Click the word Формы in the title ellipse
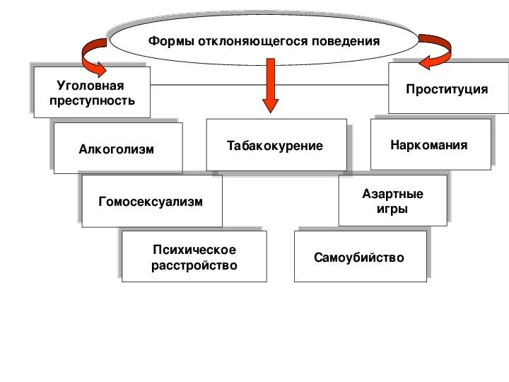(166, 41)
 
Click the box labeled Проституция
(447, 89)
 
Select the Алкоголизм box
(117, 149)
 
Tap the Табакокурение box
(276, 145)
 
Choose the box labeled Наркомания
(430, 144)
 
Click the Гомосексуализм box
(151, 202)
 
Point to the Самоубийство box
(360, 257)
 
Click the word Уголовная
(90, 86)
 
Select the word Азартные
(392, 194)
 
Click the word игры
(392, 209)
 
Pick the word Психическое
(194, 250)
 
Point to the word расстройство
(194, 266)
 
